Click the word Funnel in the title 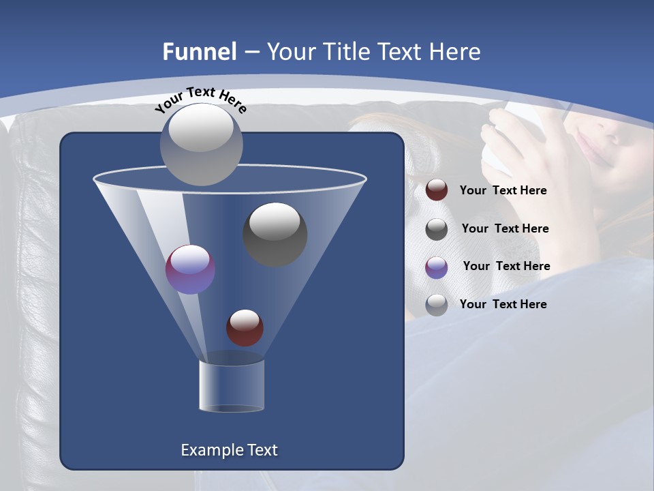pos(199,52)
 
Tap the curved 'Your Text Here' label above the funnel pos(200,100)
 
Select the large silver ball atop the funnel pos(201,144)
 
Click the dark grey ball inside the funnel pos(275,234)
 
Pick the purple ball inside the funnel pos(191,269)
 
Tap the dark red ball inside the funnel pos(245,327)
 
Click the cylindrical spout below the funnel pos(232,386)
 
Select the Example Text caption pos(230,450)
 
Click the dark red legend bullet pos(437,190)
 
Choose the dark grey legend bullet pos(437,229)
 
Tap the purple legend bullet pos(437,267)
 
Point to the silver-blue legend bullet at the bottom pos(437,305)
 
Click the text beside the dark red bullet pos(503,191)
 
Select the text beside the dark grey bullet pos(505,229)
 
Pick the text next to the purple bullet pos(506,267)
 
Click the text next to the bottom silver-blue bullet pos(503,304)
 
